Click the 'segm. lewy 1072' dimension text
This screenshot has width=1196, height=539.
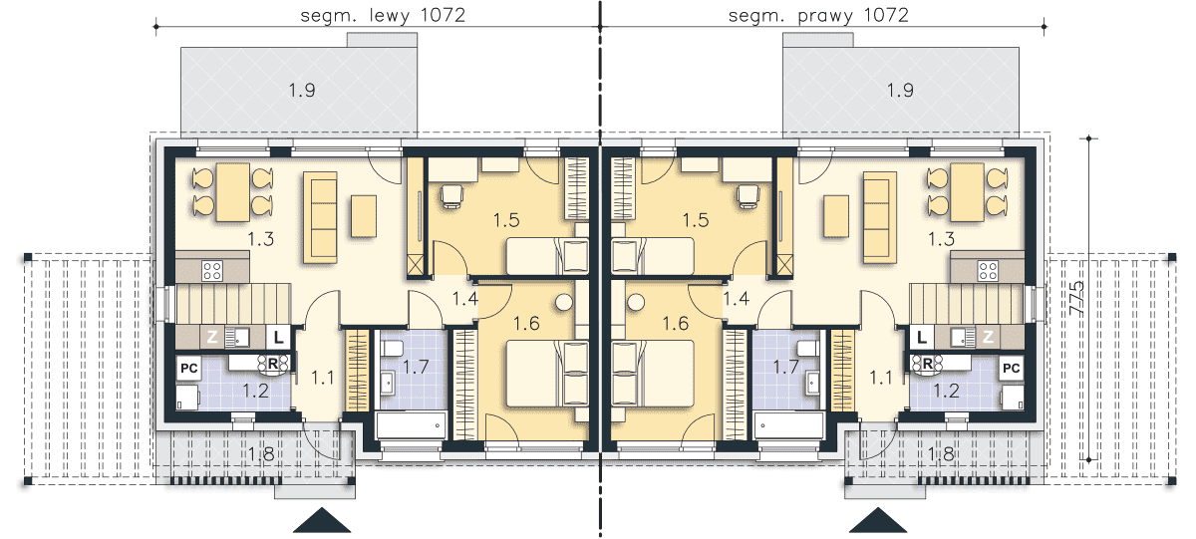click(383, 15)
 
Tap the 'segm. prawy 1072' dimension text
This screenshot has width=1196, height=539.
click(818, 15)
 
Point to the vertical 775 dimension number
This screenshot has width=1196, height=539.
click(1077, 298)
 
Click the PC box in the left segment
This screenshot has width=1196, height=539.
click(188, 369)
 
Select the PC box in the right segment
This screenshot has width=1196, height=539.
click(1012, 369)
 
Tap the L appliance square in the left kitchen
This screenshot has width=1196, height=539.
click(278, 338)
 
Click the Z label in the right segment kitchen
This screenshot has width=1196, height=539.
click(988, 336)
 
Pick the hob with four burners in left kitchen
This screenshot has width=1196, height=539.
click(212, 271)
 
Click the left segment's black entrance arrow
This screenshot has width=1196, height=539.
click(322, 520)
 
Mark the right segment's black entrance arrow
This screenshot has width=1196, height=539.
click(878, 520)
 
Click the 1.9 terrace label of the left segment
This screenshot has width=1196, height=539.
click(302, 91)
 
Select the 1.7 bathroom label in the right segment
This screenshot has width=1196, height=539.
click(786, 367)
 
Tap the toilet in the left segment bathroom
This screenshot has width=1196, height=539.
click(392, 350)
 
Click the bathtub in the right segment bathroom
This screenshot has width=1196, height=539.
click(789, 425)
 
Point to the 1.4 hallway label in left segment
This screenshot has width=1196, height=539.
click(465, 299)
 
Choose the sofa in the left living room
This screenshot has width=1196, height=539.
click(320, 217)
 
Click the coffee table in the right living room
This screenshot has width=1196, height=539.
click(836, 216)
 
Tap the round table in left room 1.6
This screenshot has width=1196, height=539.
click(564, 303)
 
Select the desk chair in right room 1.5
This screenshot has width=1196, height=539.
click(747, 196)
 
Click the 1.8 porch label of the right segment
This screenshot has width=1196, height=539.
click(941, 454)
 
